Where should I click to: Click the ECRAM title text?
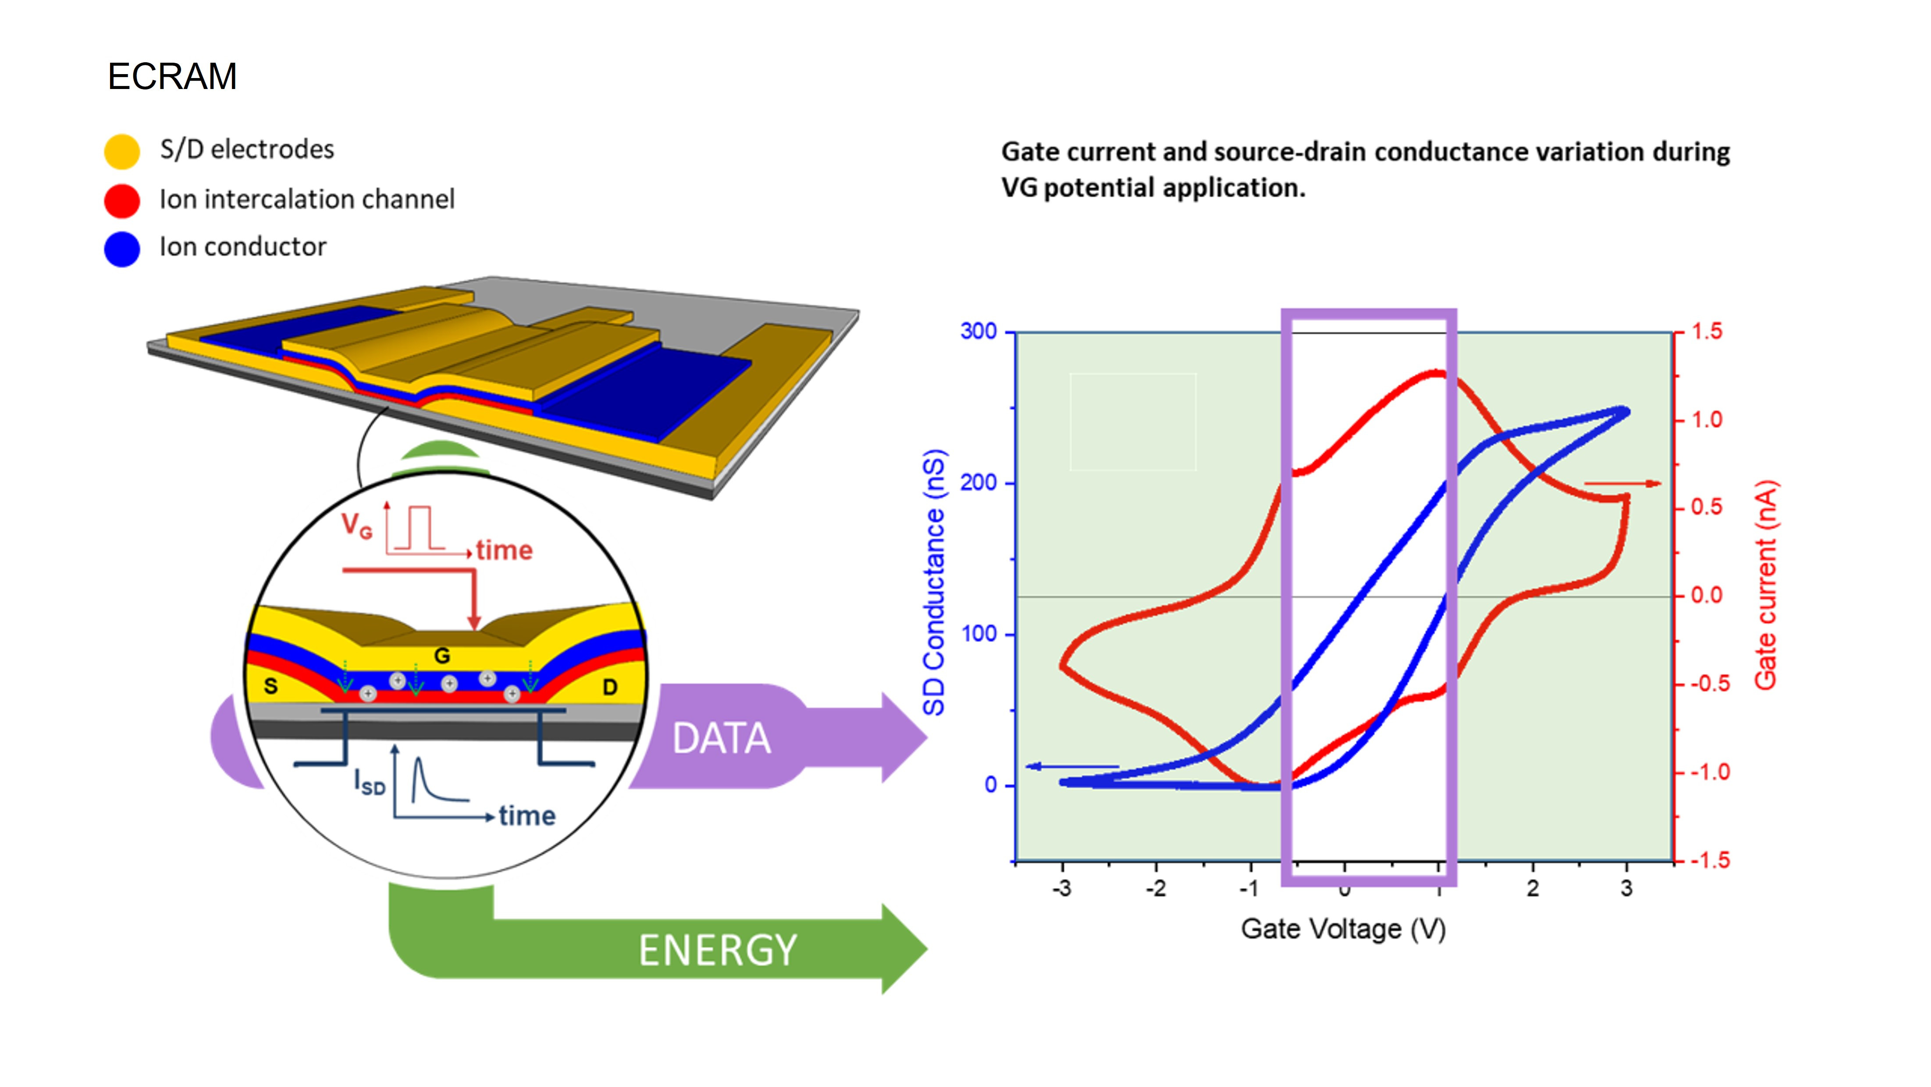[172, 76]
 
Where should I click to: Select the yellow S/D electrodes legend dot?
[121, 151]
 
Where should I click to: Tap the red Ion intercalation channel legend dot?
[121, 200]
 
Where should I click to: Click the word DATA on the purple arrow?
[721, 738]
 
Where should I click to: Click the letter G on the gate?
[442, 656]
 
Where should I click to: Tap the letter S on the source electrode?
[270, 686]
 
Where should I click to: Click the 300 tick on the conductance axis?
[978, 331]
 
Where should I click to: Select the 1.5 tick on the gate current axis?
[1707, 331]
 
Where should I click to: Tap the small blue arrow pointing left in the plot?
[1072, 766]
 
